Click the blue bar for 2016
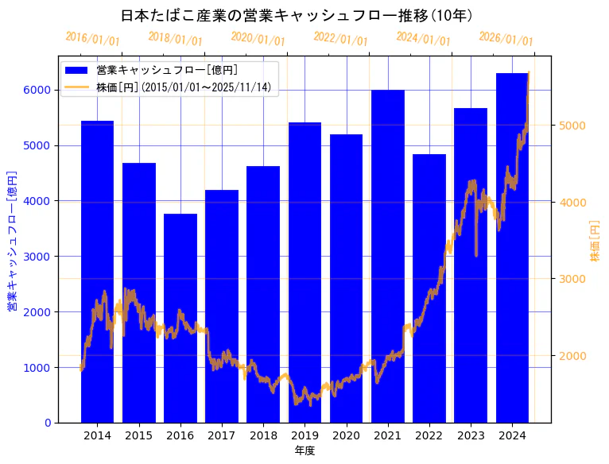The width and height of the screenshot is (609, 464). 180,318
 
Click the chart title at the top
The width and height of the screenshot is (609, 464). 297,16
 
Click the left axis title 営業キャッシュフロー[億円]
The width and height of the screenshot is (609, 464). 13,239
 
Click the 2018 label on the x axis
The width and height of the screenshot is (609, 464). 263,435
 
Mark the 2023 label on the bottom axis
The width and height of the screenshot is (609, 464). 471,435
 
